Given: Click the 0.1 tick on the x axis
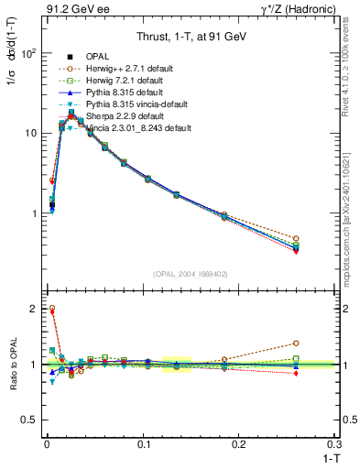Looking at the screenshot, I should (x=143, y=443).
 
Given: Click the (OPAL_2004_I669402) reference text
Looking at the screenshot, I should (x=191, y=274).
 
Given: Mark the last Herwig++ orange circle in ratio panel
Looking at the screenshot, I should (x=321, y=344).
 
